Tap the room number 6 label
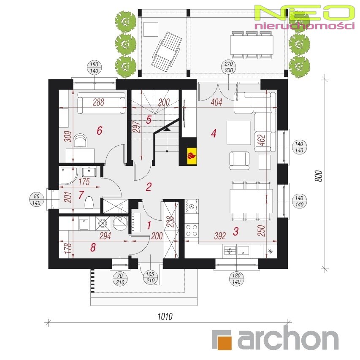(x=100, y=131)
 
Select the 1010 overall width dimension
(x=165, y=317)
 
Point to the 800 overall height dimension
(x=319, y=176)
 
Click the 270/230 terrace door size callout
(x=229, y=67)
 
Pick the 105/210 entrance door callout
(x=150, y=277)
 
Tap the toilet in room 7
(x=89, y=203)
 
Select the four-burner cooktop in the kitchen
(x=192, y=230)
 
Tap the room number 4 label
(x=214, y=133)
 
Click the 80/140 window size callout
(x=37, y=200)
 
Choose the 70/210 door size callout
(x=120, y=279)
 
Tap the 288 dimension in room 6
(x=98, y=102)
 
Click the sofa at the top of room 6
(x=101, y=103)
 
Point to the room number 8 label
(x=93, y=247)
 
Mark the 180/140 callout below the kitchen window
(x=236, y=279)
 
